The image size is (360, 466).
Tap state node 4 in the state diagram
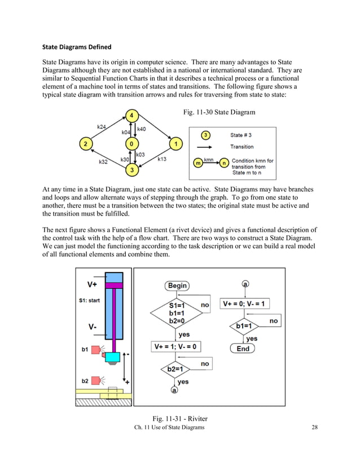(131, 116)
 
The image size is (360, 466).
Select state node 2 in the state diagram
(86, 144)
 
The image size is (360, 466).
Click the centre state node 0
(131, 144)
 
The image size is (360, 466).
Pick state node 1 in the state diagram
(176, 144)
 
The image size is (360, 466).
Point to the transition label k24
(102, 128)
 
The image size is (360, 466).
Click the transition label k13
(162, 159)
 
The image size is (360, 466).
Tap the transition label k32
(103, 162)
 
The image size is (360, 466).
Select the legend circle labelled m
(197, 163)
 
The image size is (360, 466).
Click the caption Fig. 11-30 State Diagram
(219, 113)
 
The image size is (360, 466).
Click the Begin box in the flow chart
(177, 285)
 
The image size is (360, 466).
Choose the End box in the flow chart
(243, 349)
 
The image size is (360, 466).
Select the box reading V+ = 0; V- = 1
(246, 304)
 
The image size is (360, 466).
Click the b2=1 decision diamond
(175, 370)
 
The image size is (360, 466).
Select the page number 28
(315, 428)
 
